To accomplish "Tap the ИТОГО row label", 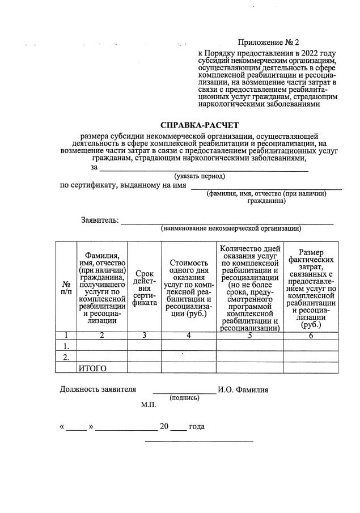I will (x=92, y=368).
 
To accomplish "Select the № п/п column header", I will (x=66, y=287).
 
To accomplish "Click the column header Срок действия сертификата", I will (x=144, y=287).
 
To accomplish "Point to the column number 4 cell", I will (x=188, y=335).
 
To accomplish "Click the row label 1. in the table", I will (x=66, y=346).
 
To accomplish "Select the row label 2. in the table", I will (x=66, y=357).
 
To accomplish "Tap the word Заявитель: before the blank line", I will (x=100, y=220).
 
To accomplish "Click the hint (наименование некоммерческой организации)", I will (x=230, y=229).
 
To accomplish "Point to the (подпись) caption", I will (x=184, y=397).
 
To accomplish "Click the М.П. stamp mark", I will (x=149, y=406).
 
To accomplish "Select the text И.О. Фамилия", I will (x=244, y=389).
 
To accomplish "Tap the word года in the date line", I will (x=197, y=427).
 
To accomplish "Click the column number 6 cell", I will (x=311, y=335).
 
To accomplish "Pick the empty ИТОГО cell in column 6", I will (x=311, y=368).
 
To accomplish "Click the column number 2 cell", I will (x=102, y=335).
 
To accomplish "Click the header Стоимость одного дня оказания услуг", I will (x=188, y=287).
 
